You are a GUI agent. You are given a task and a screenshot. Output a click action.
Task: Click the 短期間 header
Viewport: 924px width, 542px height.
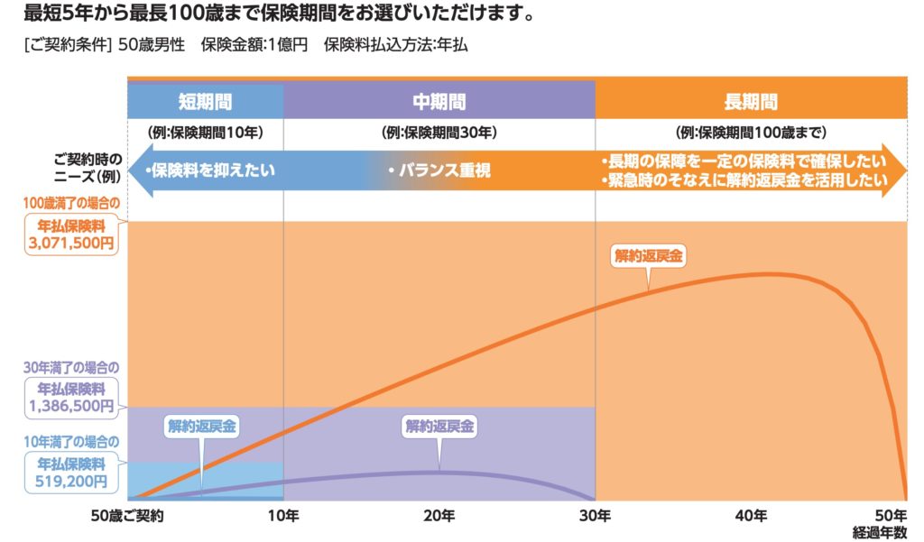[206, 101]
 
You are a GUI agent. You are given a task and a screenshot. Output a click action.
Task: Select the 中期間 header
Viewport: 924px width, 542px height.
[439, 101]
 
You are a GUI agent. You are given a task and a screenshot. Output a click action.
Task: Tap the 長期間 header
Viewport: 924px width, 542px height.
[751, 101]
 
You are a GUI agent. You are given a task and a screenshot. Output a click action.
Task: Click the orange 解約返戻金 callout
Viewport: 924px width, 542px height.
[648, 256]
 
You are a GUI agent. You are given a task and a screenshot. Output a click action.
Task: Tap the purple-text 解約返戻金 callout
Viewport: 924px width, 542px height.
[439, 427]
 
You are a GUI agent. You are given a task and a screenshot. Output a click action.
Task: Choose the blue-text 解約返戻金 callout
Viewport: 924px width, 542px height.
[200, 427]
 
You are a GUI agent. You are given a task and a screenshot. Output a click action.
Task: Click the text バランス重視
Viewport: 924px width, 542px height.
[439, 170]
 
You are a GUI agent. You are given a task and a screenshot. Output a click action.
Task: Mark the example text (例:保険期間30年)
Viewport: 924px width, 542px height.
[439, 133]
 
